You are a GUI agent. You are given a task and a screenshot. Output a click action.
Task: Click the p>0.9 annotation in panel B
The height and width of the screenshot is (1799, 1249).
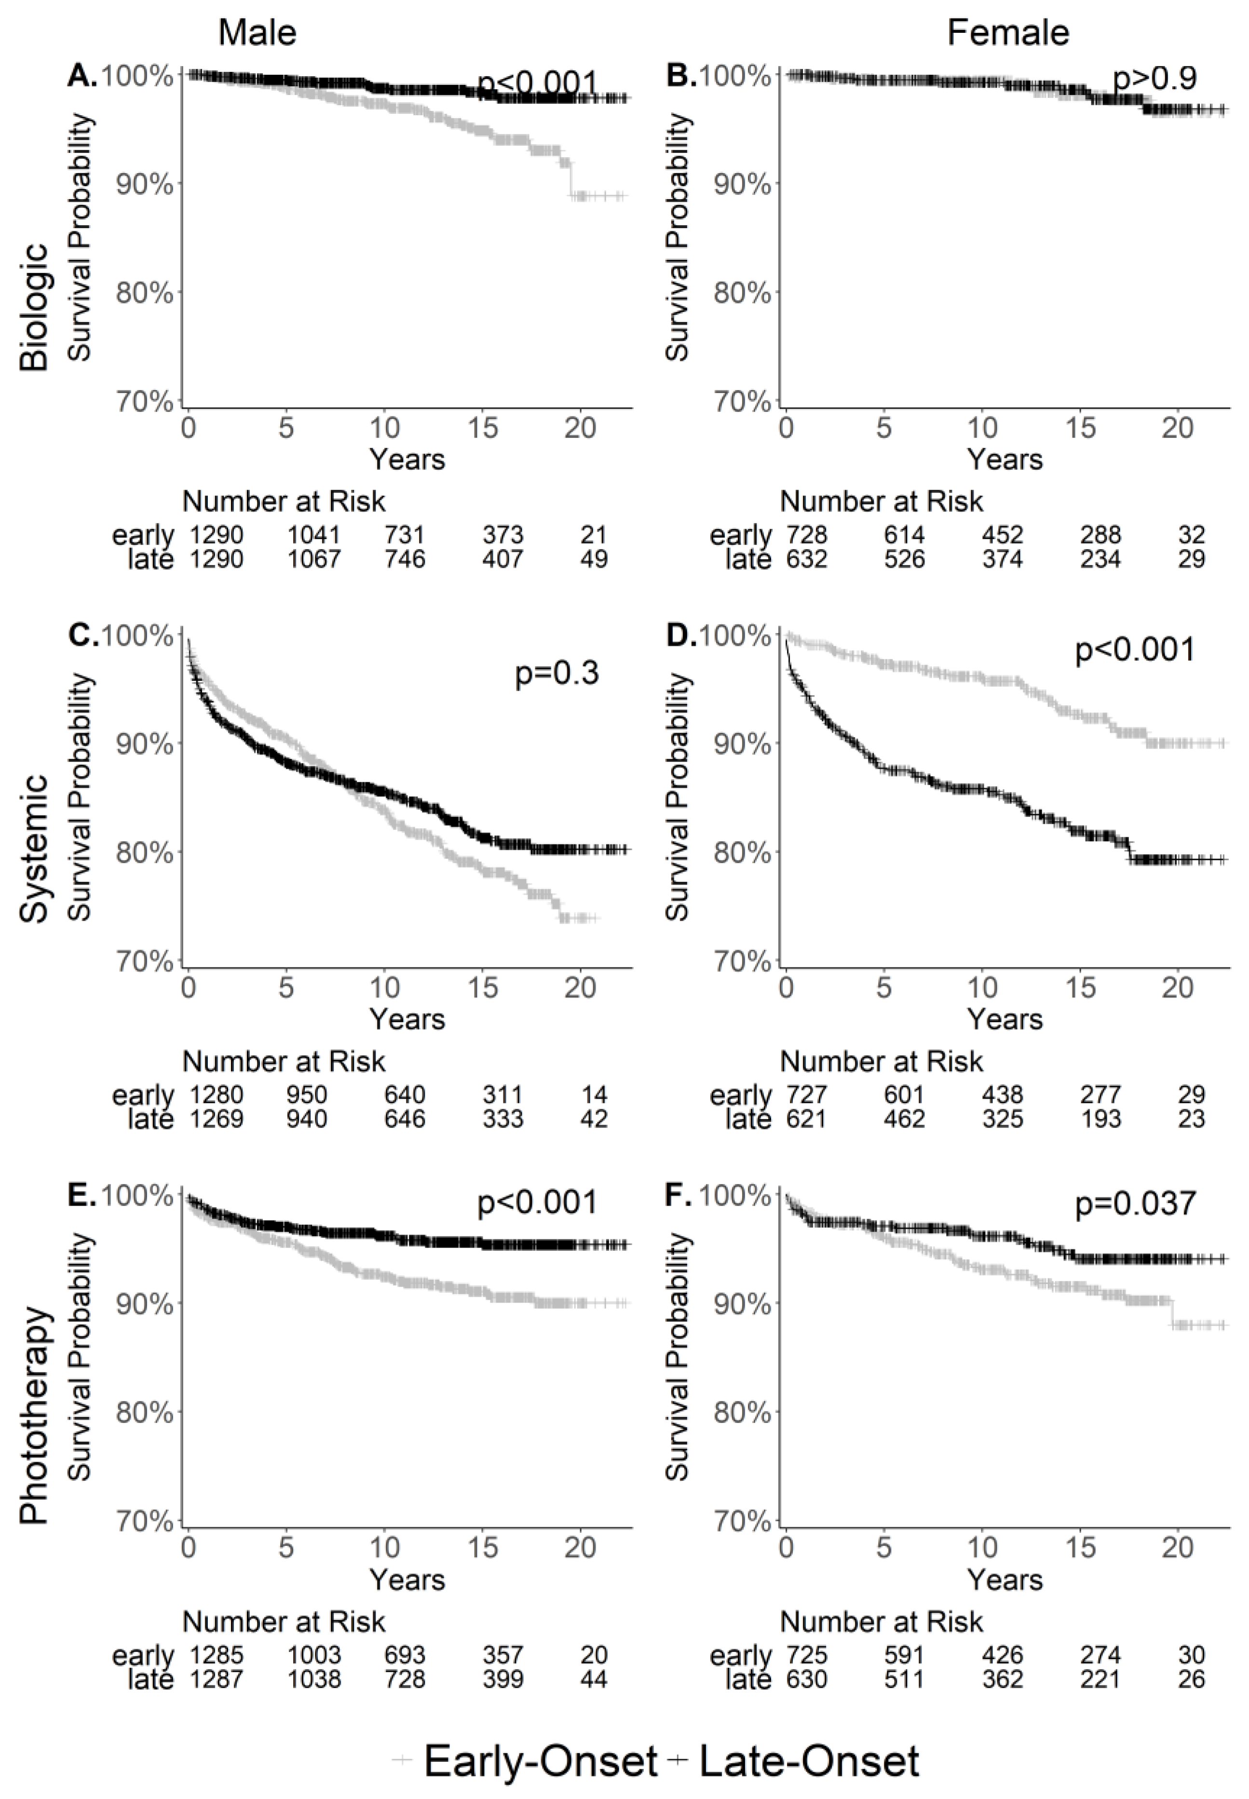[1154, 79]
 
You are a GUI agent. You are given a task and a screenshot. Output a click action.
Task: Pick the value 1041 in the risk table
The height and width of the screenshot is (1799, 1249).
[314, 535]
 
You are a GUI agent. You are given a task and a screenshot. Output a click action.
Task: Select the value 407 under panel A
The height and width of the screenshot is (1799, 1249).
[502, 559]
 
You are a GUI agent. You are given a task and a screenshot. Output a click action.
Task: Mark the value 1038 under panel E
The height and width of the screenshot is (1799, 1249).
[314, 1679]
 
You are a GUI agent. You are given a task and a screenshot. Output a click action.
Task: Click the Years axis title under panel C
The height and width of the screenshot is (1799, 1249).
[407, 1019]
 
